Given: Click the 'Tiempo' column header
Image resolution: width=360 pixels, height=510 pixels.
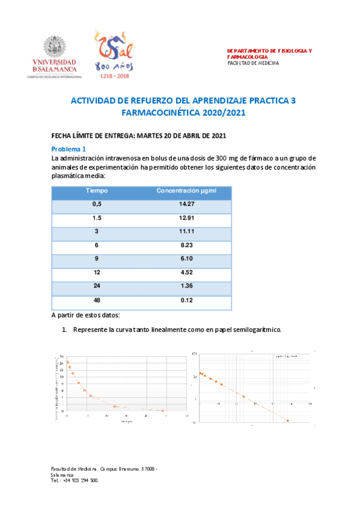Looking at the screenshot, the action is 96,191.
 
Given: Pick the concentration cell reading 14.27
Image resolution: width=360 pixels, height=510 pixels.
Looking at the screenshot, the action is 186,205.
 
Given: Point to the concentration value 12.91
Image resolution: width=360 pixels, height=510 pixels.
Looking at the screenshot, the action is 186,219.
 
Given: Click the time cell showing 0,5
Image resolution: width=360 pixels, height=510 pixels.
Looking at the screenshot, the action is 96,205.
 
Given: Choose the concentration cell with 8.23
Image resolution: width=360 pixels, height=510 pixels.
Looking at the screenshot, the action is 186,247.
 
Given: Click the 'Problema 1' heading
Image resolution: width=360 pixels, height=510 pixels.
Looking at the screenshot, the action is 69,149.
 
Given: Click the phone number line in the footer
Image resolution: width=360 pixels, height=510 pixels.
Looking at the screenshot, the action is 75,481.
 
